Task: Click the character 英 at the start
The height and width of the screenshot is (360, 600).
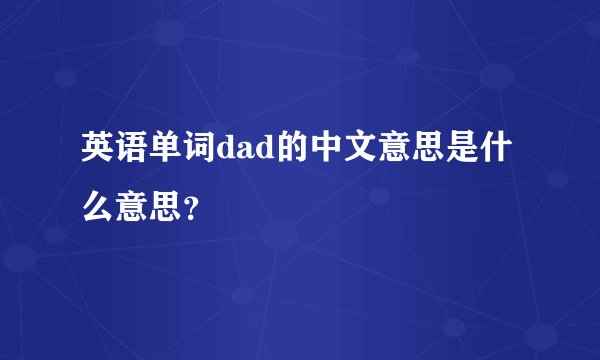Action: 98,155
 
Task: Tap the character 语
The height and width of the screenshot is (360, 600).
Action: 133,155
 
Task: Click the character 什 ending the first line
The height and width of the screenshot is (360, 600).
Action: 499,155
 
